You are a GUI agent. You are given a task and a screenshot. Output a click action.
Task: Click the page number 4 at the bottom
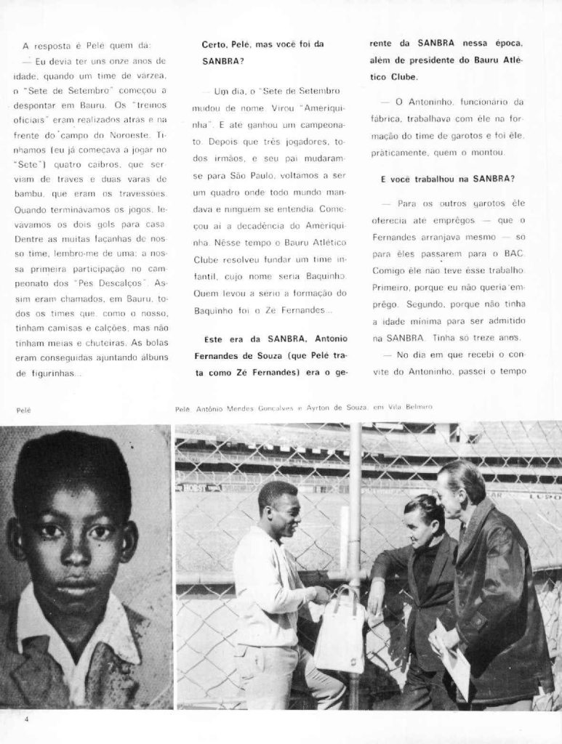tap(25, 719)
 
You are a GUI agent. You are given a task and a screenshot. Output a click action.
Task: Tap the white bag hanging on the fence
tap(338, 634)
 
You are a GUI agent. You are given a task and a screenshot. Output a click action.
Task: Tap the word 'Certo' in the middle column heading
tap(214, 45)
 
